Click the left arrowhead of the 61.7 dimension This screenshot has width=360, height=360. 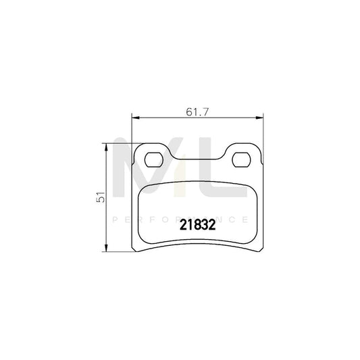pos(134,118)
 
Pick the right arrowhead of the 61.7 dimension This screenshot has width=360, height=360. pos(261,118)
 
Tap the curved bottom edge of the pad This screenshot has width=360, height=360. pos(197,244)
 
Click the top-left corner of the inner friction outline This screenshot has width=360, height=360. pos(141,188)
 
